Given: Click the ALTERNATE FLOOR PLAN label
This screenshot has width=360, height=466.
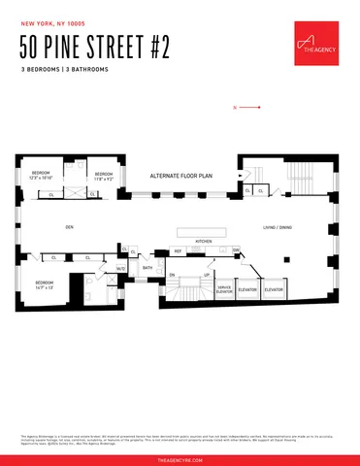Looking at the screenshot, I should [180, 176].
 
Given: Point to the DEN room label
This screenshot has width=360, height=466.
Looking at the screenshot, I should [69, 227].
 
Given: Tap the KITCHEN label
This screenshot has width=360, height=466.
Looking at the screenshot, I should [204, 241].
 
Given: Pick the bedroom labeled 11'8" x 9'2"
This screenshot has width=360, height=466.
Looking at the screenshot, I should [104, 176].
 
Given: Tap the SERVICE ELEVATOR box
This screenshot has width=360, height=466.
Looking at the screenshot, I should [224, 289].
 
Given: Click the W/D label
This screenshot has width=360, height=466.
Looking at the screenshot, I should [121, 268].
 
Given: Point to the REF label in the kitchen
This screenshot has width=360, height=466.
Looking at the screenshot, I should [179, 251].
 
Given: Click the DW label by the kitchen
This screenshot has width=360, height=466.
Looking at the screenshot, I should [236, 250].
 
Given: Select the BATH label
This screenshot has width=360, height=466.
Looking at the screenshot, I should [147, 267].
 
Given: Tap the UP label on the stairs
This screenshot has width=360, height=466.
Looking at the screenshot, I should [206, 275].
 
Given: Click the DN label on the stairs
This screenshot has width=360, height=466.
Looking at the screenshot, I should [172, 275].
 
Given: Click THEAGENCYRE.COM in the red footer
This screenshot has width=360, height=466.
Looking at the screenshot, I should [180, 459].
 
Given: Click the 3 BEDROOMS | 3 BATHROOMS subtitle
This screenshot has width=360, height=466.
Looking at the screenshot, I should [64, 71].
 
